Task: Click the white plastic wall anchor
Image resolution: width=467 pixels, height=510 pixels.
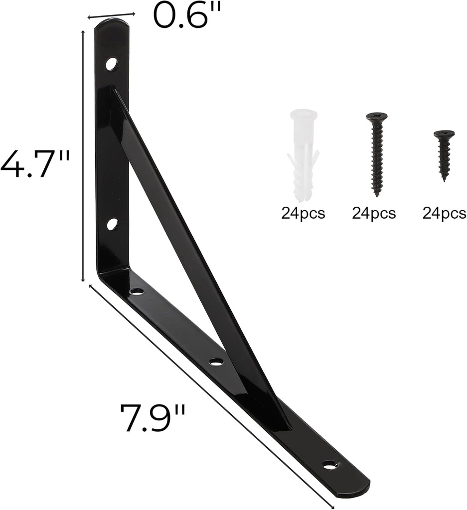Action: click(x=303, y=154)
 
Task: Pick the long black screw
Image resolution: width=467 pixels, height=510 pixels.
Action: click(x=377, y=152)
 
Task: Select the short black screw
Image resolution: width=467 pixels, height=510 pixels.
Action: click(x=444, y=154)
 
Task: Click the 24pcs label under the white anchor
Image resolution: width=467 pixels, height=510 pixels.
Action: click(x=303, y=214)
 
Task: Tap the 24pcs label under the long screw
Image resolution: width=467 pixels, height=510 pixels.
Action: click(x=374, y=214)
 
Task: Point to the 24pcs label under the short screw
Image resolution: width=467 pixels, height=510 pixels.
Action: click(x=444, y=214)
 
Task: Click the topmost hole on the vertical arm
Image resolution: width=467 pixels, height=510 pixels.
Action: click(x=111, y=64)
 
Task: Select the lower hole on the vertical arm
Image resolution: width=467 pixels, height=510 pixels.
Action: click(x=112, y=224)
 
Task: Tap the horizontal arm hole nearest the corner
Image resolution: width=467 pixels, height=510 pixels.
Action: click(x=136, y=291)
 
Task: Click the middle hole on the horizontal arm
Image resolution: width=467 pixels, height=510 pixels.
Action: click(x=216, y=362)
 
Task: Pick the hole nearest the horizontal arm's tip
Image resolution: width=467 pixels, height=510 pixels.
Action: click(x=329, y=465)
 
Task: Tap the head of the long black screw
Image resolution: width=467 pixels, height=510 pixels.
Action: click(x=377, y=117)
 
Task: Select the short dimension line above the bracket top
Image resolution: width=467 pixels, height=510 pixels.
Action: click(x=111, y=15)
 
